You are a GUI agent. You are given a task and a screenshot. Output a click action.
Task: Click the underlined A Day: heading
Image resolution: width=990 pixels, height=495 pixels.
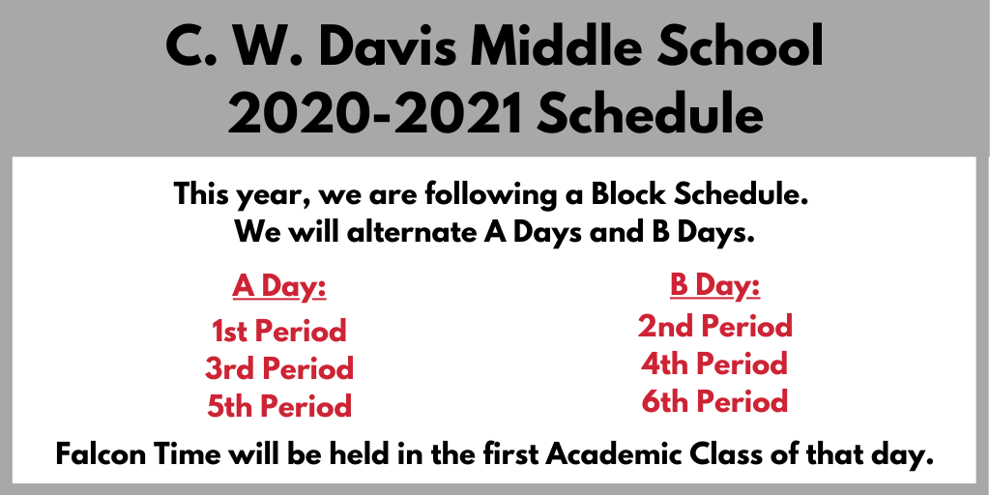[279, 286]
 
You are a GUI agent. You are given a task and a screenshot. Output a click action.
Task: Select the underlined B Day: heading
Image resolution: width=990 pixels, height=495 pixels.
[714, 286]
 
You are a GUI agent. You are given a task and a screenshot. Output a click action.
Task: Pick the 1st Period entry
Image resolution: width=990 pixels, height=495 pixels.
[279, 331]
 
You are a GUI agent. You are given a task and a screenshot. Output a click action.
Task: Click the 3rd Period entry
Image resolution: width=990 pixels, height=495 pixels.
[279, 368]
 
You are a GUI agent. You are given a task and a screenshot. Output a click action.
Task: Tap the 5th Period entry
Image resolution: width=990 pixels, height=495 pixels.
[279, 406]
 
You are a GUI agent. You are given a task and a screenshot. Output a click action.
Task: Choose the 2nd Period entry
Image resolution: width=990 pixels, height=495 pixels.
[714, 326]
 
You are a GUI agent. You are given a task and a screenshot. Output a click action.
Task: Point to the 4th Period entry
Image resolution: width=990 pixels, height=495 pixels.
[714, 364]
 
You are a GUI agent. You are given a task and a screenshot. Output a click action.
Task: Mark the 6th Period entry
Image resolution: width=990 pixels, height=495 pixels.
[714, 401]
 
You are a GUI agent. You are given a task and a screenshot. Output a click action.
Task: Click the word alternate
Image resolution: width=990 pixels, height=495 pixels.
[412, 233]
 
